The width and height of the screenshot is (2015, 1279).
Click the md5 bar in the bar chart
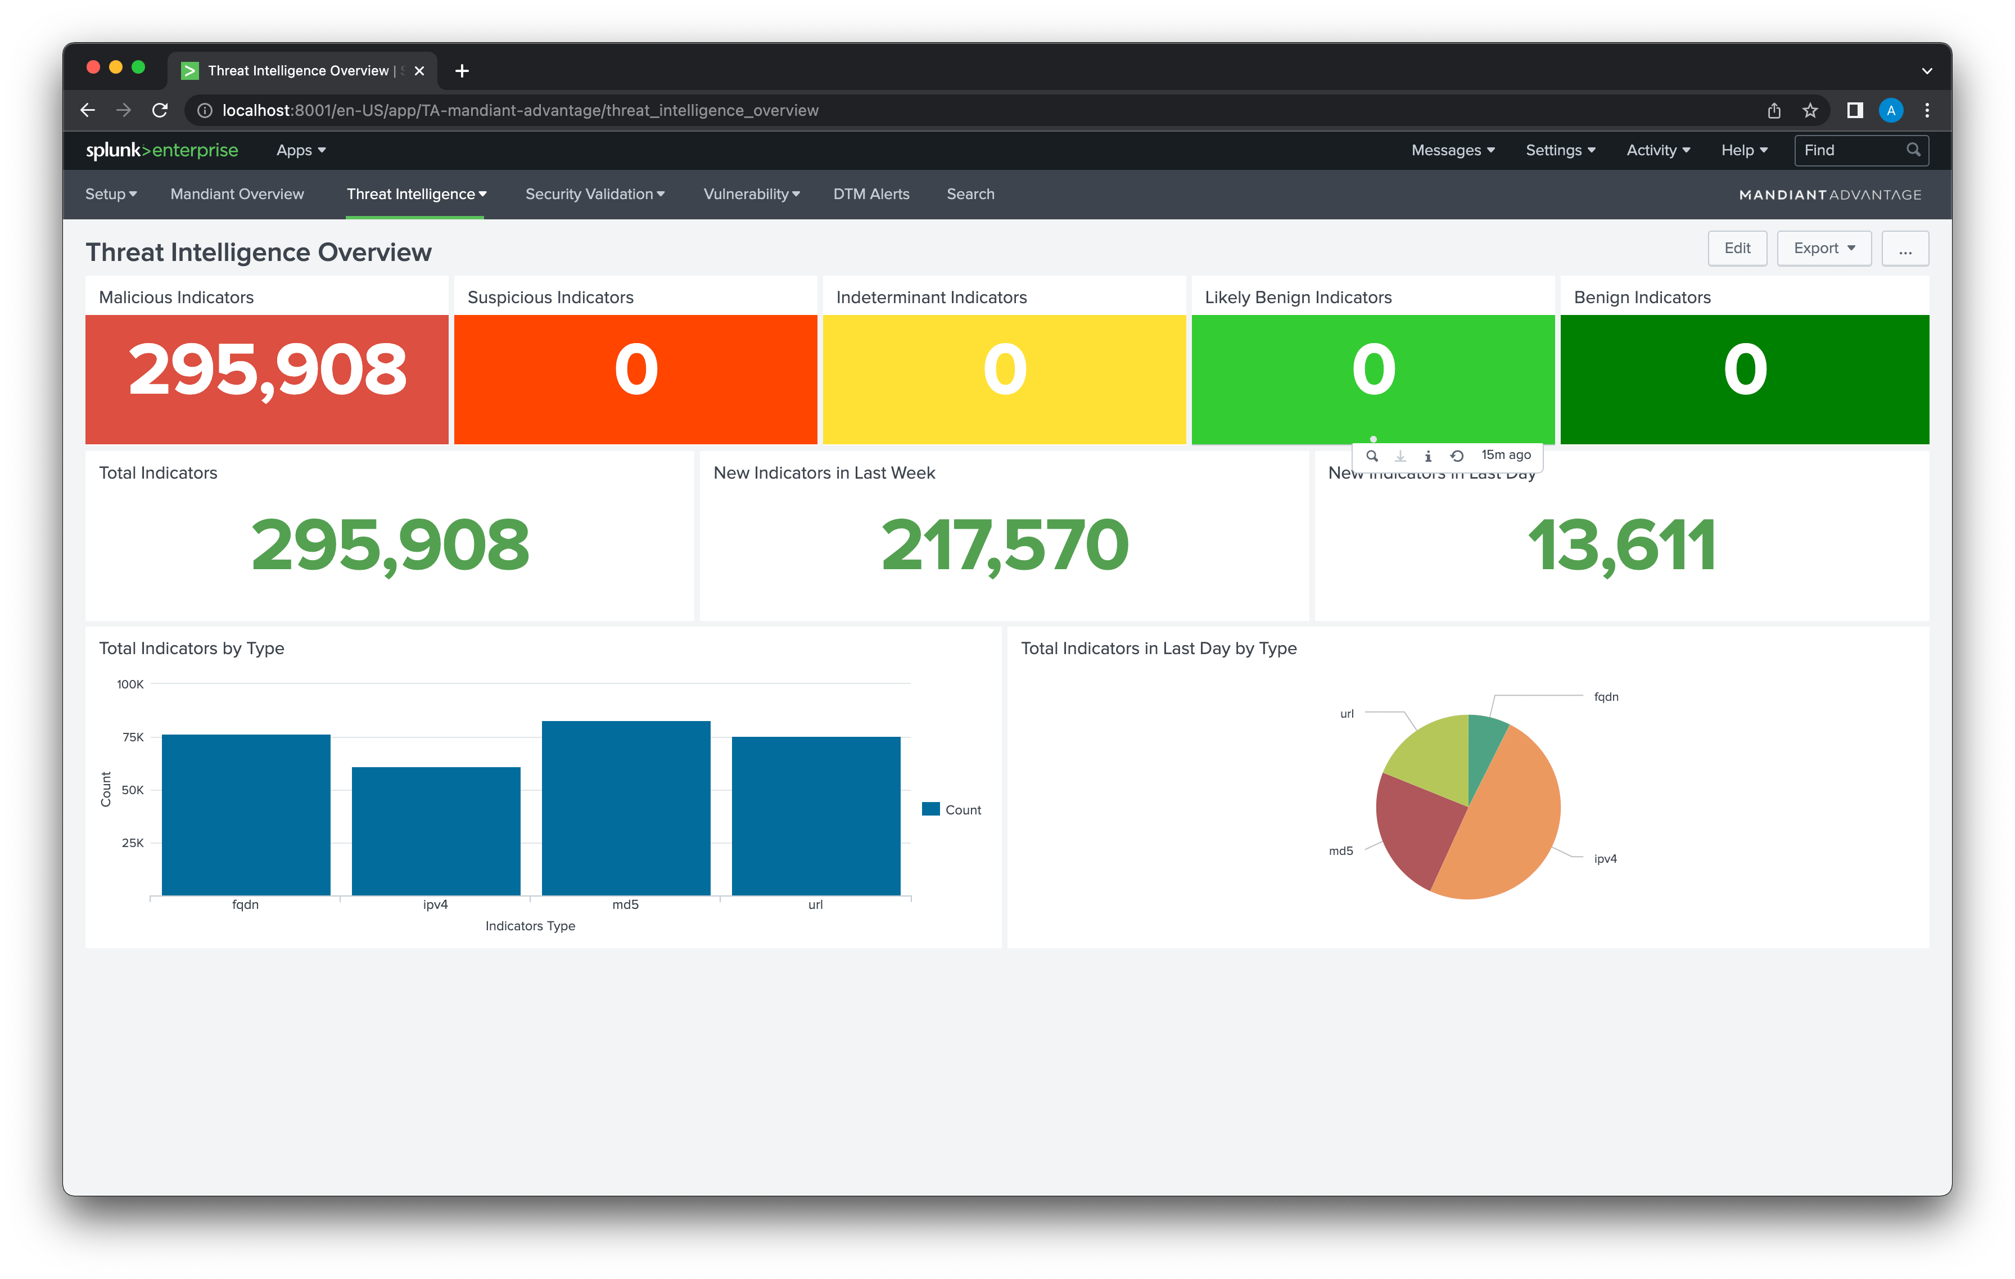(x=626, y=808)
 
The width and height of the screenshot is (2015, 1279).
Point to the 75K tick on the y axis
(x=133, y=737)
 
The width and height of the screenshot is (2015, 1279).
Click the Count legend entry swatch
(x=930, y=809)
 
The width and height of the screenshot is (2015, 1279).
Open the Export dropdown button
(x=1823, y=249)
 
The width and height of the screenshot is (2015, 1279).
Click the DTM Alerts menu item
(x=871, y=194)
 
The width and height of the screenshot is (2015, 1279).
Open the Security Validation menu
(x=594, y=194)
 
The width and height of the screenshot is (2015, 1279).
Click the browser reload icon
(x=160, y=110)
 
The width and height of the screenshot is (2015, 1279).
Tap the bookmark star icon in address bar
(x=1810, y=110)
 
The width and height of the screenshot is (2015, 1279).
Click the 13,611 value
(x=1621, y=545)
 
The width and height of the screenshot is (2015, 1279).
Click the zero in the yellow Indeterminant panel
(x=1004, y=370)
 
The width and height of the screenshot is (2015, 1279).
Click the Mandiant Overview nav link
(x=237, y=194)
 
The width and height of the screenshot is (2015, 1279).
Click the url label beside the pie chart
(x=1347, y=714)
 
